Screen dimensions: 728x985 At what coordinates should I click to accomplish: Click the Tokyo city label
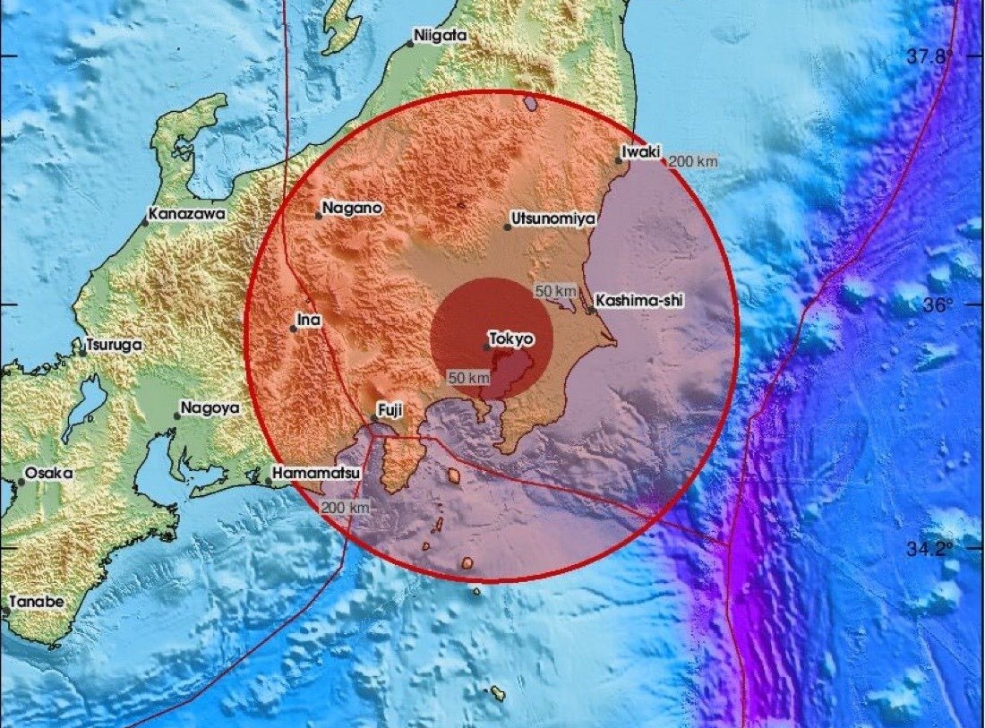point(513,340)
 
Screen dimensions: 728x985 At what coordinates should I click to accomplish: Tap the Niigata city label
point(440,37)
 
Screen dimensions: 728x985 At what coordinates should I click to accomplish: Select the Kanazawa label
point(188,215)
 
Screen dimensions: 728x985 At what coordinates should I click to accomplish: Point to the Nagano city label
point(354,208)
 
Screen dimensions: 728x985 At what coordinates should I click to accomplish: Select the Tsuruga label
point(114,344)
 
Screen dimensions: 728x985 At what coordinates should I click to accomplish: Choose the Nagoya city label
point(210,407)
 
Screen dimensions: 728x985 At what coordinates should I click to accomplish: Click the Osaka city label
point(48,473)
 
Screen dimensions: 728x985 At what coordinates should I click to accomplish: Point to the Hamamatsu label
point(313,473)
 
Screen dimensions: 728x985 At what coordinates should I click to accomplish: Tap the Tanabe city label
point(37,602)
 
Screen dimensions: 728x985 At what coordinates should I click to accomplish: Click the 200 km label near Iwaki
point(694,161)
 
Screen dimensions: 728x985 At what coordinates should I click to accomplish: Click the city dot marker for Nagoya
point(177,415)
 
